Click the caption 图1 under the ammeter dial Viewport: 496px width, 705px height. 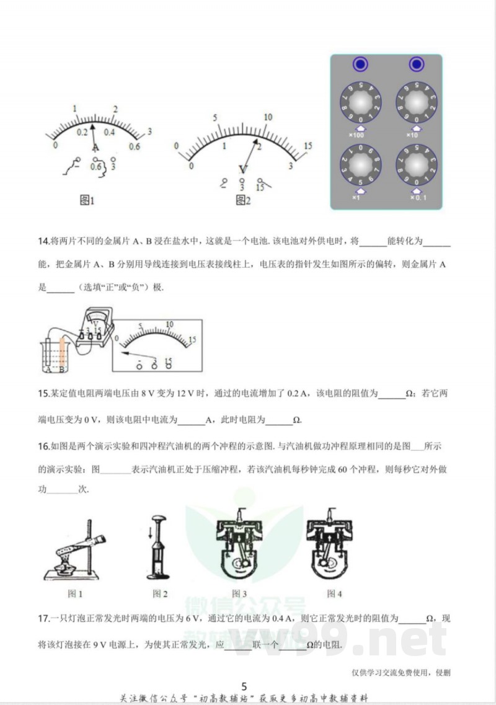(x=87, y=200)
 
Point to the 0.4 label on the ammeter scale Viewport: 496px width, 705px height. (x=109, y=132)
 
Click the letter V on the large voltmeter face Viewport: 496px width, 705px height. (x=243, y=169)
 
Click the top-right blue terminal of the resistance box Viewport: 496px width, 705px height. (x=416, y=64)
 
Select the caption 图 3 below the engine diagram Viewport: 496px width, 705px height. (x=239, y=594)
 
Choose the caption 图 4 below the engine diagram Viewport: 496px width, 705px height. (x=334, y=594)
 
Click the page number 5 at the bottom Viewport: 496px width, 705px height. (x=244, y=686)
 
